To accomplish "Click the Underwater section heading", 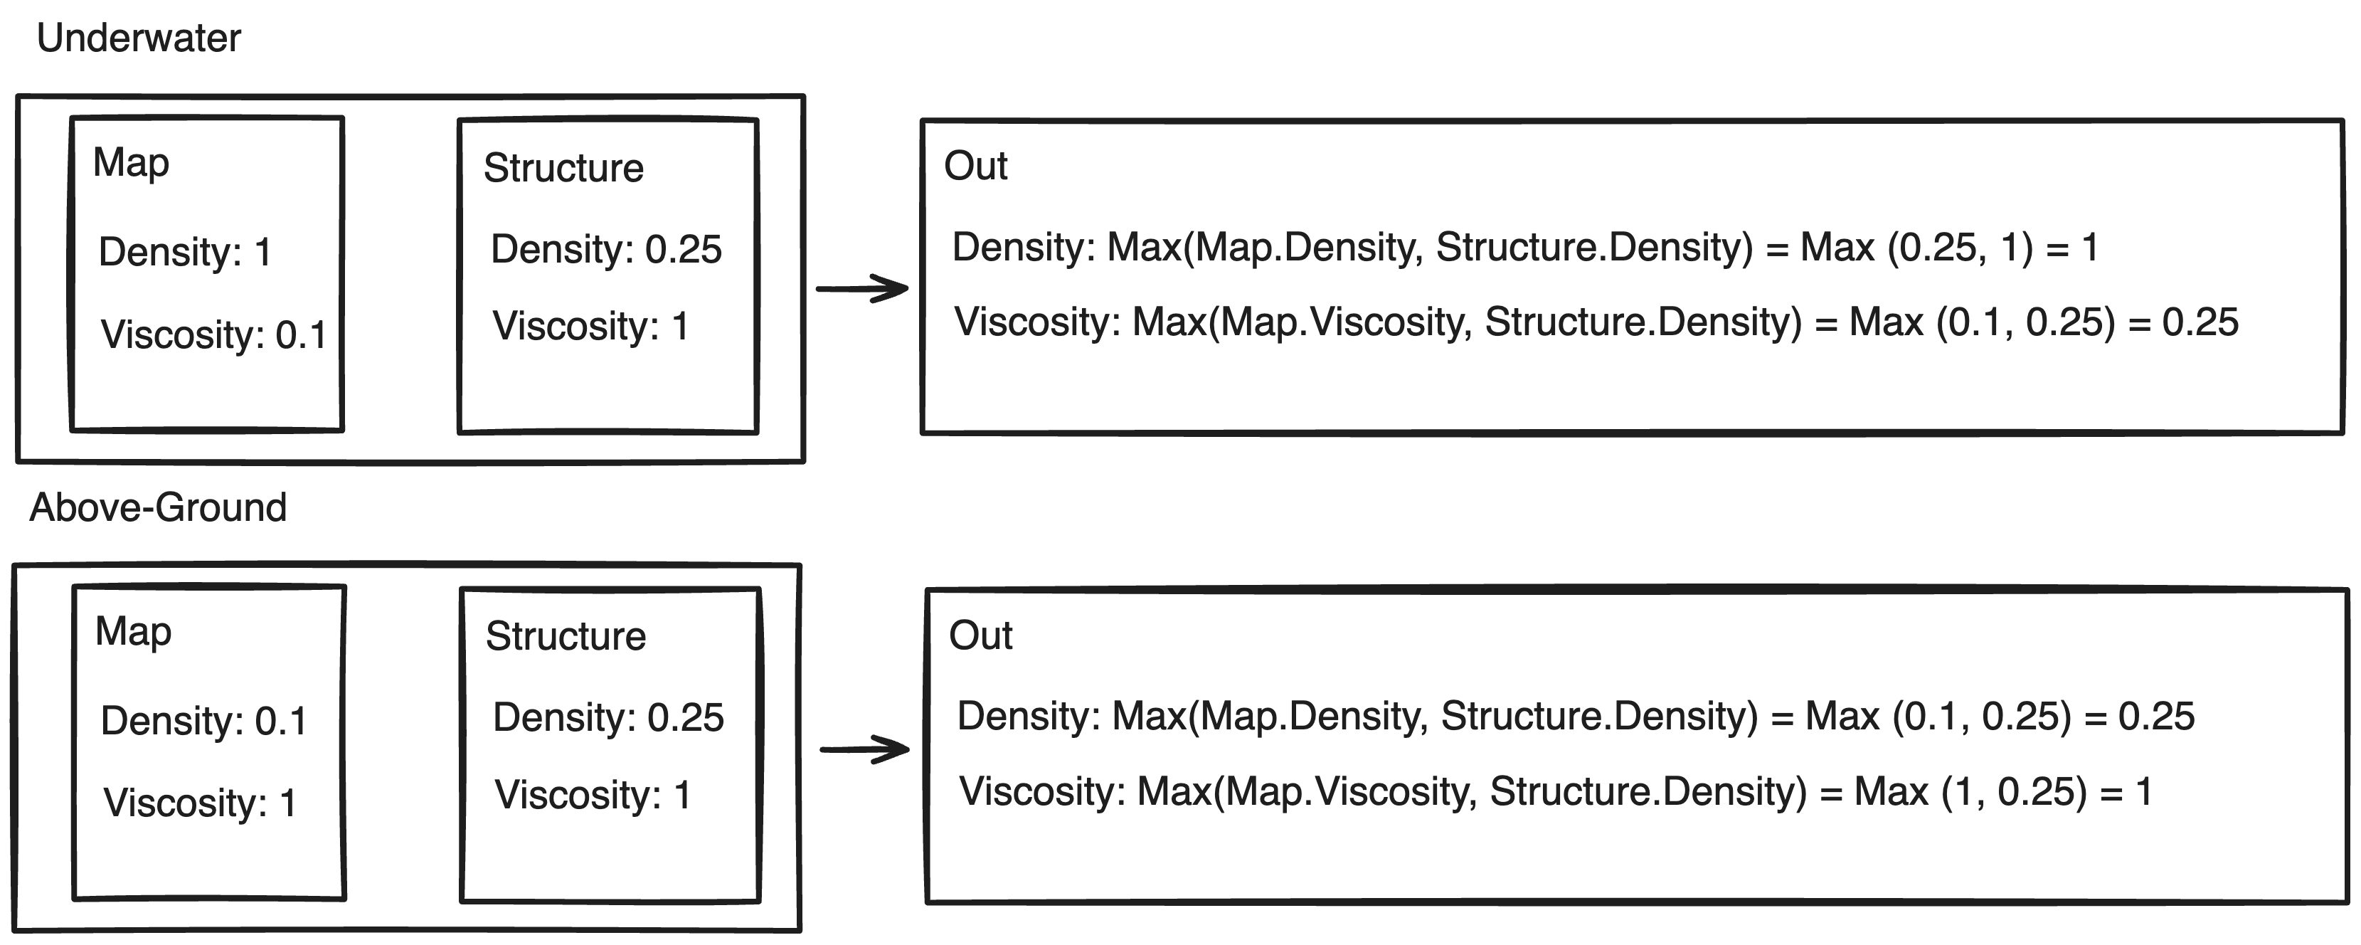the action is pyautogui.click(x=139, y=38).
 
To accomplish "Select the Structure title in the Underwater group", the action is pyautogui.click(x=563, y=169).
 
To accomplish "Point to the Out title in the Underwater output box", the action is pyautogui.click(x=976, y=167).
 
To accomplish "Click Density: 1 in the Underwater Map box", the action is pyautogui.click(x=185, y=252).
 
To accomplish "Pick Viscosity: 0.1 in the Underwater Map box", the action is pyautogui.click(x=213, y=334).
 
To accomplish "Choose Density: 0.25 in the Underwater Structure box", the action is pyautogui.click(x=607, y=249).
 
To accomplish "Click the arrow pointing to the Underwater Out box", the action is pyautogui.click(x=861, y=289).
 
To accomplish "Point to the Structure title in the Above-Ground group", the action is pyautogui.click(x=566, y=637).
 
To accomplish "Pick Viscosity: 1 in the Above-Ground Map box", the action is pyautogui.click(x=200, y=803).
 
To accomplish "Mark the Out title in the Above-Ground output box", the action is pyautogui.click(x=981, y=636).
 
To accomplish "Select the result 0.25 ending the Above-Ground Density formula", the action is pyautogui.click(x=2157, y=717).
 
